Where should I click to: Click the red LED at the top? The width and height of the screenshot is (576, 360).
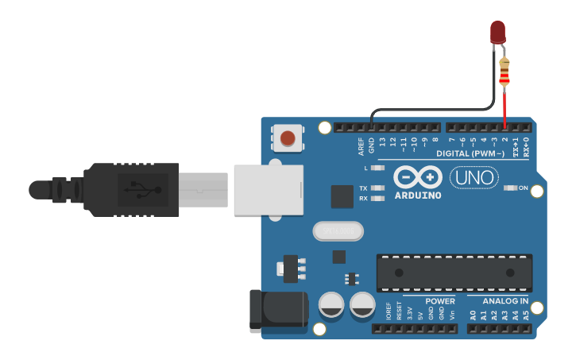[x=497, y=32]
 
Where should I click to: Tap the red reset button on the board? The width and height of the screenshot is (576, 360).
[x=288, y=138]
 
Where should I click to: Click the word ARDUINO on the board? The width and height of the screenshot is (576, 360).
[x=417, y=195]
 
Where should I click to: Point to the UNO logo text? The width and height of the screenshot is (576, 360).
[x=474, y=177]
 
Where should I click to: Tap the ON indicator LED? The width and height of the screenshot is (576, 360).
[x=511, y=188]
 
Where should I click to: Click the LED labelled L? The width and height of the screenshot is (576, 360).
[x=377, y=168]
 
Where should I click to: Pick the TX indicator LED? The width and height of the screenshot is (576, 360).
[x=377, y=188]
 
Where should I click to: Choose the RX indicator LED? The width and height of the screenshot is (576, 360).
[x=377, y=198]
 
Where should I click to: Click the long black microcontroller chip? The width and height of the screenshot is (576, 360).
[x=454, y=273]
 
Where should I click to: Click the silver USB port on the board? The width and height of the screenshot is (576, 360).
[x=269, y=189]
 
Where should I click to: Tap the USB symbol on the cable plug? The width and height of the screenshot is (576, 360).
[x=142, y=189]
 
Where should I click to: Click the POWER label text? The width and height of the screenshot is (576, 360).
[x=440, y=301]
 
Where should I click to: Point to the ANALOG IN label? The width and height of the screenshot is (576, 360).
[x=506, y=301]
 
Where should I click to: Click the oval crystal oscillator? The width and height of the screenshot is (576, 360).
[x=338, y=231]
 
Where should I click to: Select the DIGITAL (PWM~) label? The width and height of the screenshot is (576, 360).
[x=470, y=153]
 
